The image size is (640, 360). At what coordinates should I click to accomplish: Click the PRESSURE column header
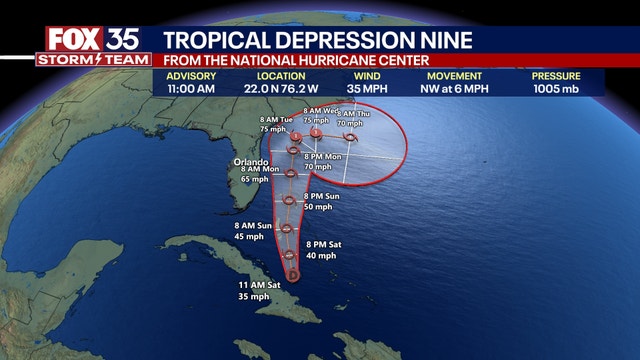click(x=557, y=76)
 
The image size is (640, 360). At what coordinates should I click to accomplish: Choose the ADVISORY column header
click(x=190, y=76)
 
